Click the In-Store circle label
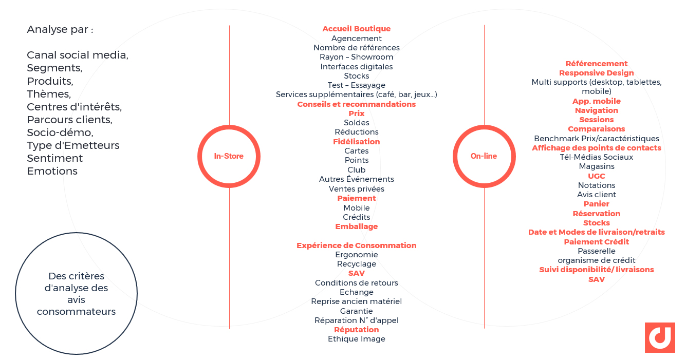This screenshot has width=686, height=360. coord(229,156)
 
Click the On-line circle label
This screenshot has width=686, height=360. coord(484,156)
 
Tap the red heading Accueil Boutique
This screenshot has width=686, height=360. coord(357,29)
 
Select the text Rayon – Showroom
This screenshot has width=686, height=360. coord(357,57)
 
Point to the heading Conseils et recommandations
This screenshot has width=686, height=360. coord(357,104)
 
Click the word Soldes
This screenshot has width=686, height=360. coord(357,123)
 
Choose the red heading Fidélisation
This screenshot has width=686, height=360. coord(357,142)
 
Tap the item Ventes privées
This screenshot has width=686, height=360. coord(357,189)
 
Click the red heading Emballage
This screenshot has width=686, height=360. coord(357,226)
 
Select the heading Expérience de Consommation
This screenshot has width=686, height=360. coord(357,245)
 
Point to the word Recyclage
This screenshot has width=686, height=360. coord(357,264)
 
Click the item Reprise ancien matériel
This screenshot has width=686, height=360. coord(357,301)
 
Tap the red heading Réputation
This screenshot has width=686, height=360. coord(357,330)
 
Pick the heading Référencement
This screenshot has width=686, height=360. coord(596,64)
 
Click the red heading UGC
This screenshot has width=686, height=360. coord(596,176)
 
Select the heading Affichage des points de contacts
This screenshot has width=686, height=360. coord(596,148)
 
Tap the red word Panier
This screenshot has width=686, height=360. coord(596,204)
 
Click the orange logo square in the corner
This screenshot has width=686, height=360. coord(660,337)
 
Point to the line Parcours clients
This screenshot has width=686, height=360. coord(70,120)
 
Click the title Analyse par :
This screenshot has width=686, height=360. coord(60,30)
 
